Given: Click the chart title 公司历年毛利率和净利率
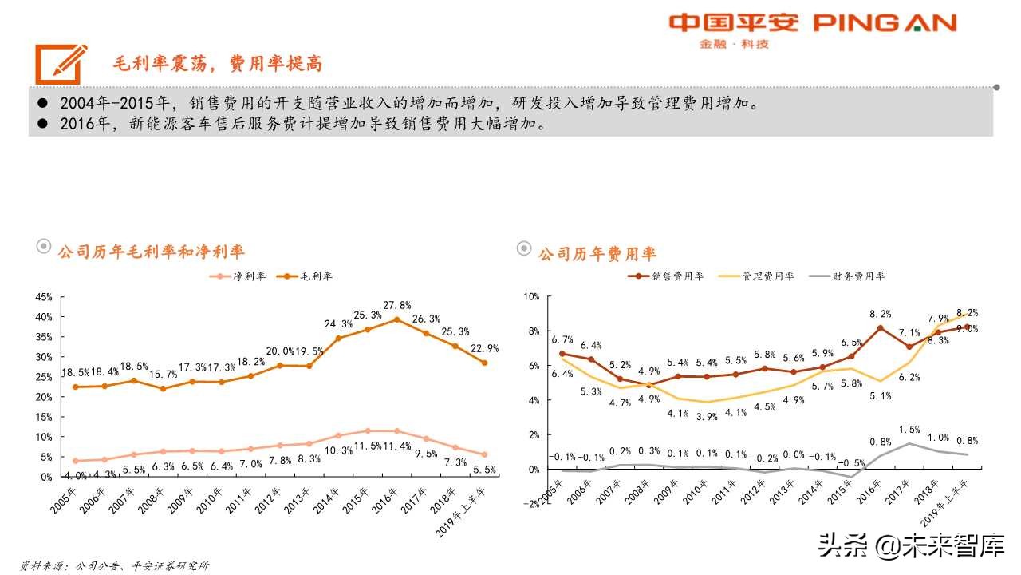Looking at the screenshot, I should (x=151, y=252).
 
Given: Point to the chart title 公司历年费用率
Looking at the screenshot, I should (x=597, y=254).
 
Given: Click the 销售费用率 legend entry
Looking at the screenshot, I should (x=667, y=276).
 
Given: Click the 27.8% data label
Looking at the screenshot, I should (x=397, y=305).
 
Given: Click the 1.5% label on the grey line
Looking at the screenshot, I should (x=909, y=430).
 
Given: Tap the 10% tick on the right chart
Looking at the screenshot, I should (x=530, y=297).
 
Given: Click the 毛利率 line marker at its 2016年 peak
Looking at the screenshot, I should (x=396, y=319).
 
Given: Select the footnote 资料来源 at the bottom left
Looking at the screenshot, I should (x=115, y=565).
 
